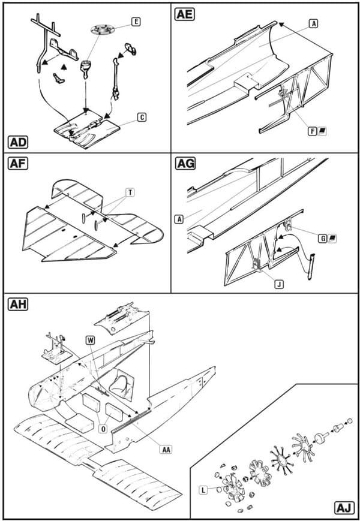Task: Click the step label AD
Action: pyautogui.click(x=17, y=142)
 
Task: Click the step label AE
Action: pyautogui.click(x=184, y=14)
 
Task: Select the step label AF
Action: pyautogui.click(x=17, y=164)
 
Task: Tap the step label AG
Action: pyautogui.click(x=185, y=164)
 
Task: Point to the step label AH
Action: pyautogui.click(x=17, y=305)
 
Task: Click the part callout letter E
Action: pyautogui.click(x=136, y=22)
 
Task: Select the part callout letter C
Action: pyautogui.click(x=142, y=118)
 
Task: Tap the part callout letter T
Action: pyautogui.click(x=130, y=192)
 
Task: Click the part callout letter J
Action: pyautogui.click(x=279, y=284)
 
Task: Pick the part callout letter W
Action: pyautogui.click(x=91, y=341)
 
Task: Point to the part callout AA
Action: pyautogui.click(x=165, y=450)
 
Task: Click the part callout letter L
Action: pyautogui.click(x=203, y=490)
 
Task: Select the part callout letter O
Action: pyautogui.click(x=103, y=429)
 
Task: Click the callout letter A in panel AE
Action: pyautogui.click(x=313, y=23)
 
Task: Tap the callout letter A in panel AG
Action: pyautogui.click(x=179, y=219)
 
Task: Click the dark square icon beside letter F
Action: pyautogui.click(x=322, y=131)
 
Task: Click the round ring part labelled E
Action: pyautogui.click(x=102, y=30)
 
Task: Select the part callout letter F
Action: pyautogui.click(x=313, y=131)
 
